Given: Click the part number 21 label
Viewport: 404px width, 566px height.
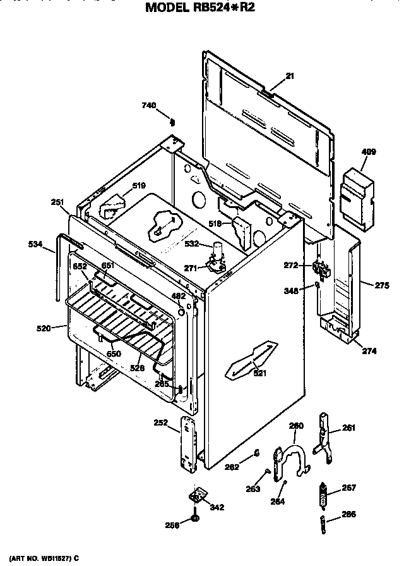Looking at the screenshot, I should coord(290,77).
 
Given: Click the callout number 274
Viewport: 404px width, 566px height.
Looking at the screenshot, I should coord(369,350).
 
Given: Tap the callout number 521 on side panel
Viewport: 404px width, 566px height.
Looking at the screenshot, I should coord(259,373).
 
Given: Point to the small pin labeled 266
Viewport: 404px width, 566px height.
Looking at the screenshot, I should coord(324,523).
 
